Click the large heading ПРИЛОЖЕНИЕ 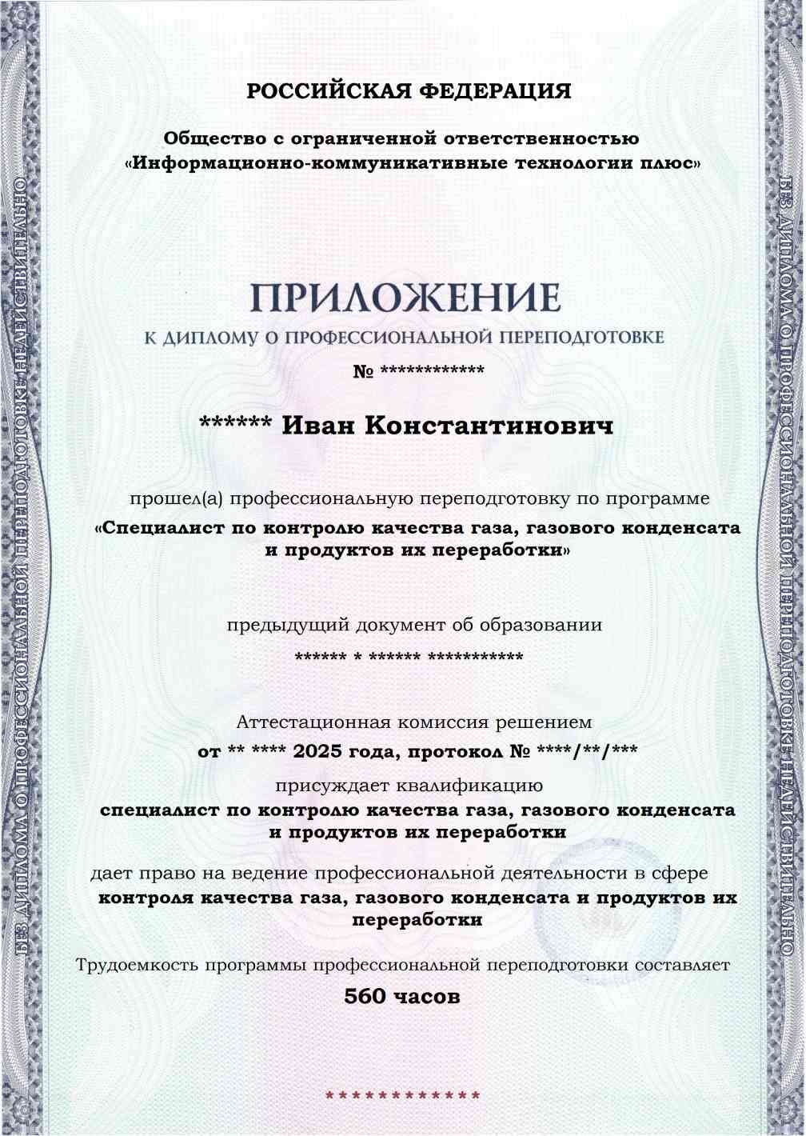pyautogui.click(x=405, y=298)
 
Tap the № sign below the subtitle pyautogui.click(x=363, y=372)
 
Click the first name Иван pyautogui.click(x=319, y=426)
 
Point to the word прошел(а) pyautogui.click(x=177, y=499)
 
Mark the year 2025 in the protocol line pyautogui.click(x=318, y=753)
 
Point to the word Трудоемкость pyautogui.click(x=137, y=965)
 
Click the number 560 pyautogui.click(x=365, y=997)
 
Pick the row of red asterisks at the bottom pyautogui.click(x=403, y=1095)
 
